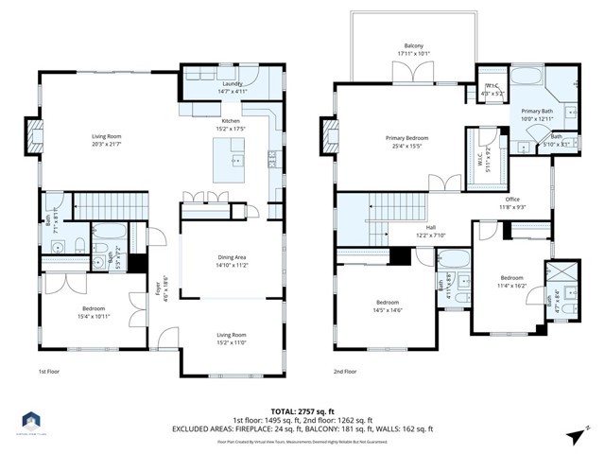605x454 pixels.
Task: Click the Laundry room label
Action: coord(232,83)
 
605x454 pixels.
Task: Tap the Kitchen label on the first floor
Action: coord(232,122)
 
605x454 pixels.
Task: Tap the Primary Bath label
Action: coord(537,112)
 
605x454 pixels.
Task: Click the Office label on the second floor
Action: coord(513,200)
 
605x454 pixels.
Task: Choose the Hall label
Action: coord(425,228)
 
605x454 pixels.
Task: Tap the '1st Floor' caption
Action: coord(50,372)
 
